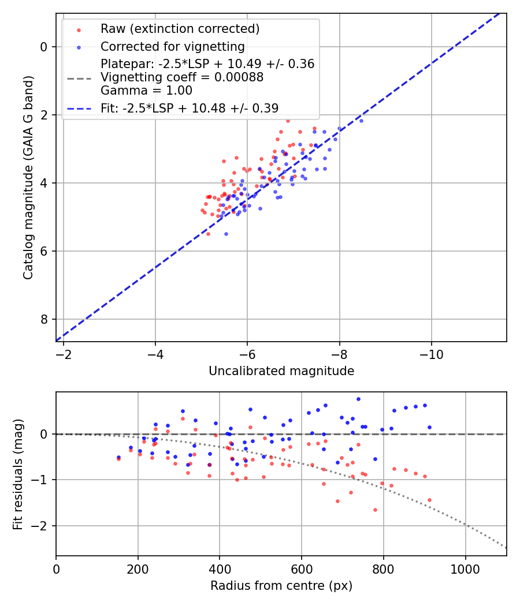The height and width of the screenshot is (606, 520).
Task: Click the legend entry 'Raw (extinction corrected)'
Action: (180, 29)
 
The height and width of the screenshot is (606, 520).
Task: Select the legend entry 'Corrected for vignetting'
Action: (172, 46)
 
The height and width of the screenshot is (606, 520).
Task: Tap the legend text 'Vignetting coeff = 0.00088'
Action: (182, 77)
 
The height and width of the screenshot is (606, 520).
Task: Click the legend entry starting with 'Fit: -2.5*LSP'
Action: (190, 108)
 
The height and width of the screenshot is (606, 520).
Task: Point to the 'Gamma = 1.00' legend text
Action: (146, 91)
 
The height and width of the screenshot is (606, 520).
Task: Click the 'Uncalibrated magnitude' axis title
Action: (281, 371)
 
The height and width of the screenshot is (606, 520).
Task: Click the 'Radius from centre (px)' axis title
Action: (281, 586)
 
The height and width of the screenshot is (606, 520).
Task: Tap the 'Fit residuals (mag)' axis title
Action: (18, 473)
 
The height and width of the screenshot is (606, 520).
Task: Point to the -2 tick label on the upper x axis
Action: (64, 354)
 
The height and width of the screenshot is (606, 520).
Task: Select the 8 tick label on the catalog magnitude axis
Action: (44, 319)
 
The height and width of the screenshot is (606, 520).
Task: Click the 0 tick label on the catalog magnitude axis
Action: (44, 47)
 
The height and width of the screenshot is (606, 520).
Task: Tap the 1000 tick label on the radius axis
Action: (466, 568)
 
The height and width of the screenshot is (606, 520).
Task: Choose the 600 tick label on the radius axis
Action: (302, 568)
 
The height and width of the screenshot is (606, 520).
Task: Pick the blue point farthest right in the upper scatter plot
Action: (361, 121)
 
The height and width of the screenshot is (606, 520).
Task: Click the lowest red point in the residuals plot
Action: (375, 510)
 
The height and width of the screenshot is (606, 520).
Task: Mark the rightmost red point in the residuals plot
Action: (429, 500)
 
